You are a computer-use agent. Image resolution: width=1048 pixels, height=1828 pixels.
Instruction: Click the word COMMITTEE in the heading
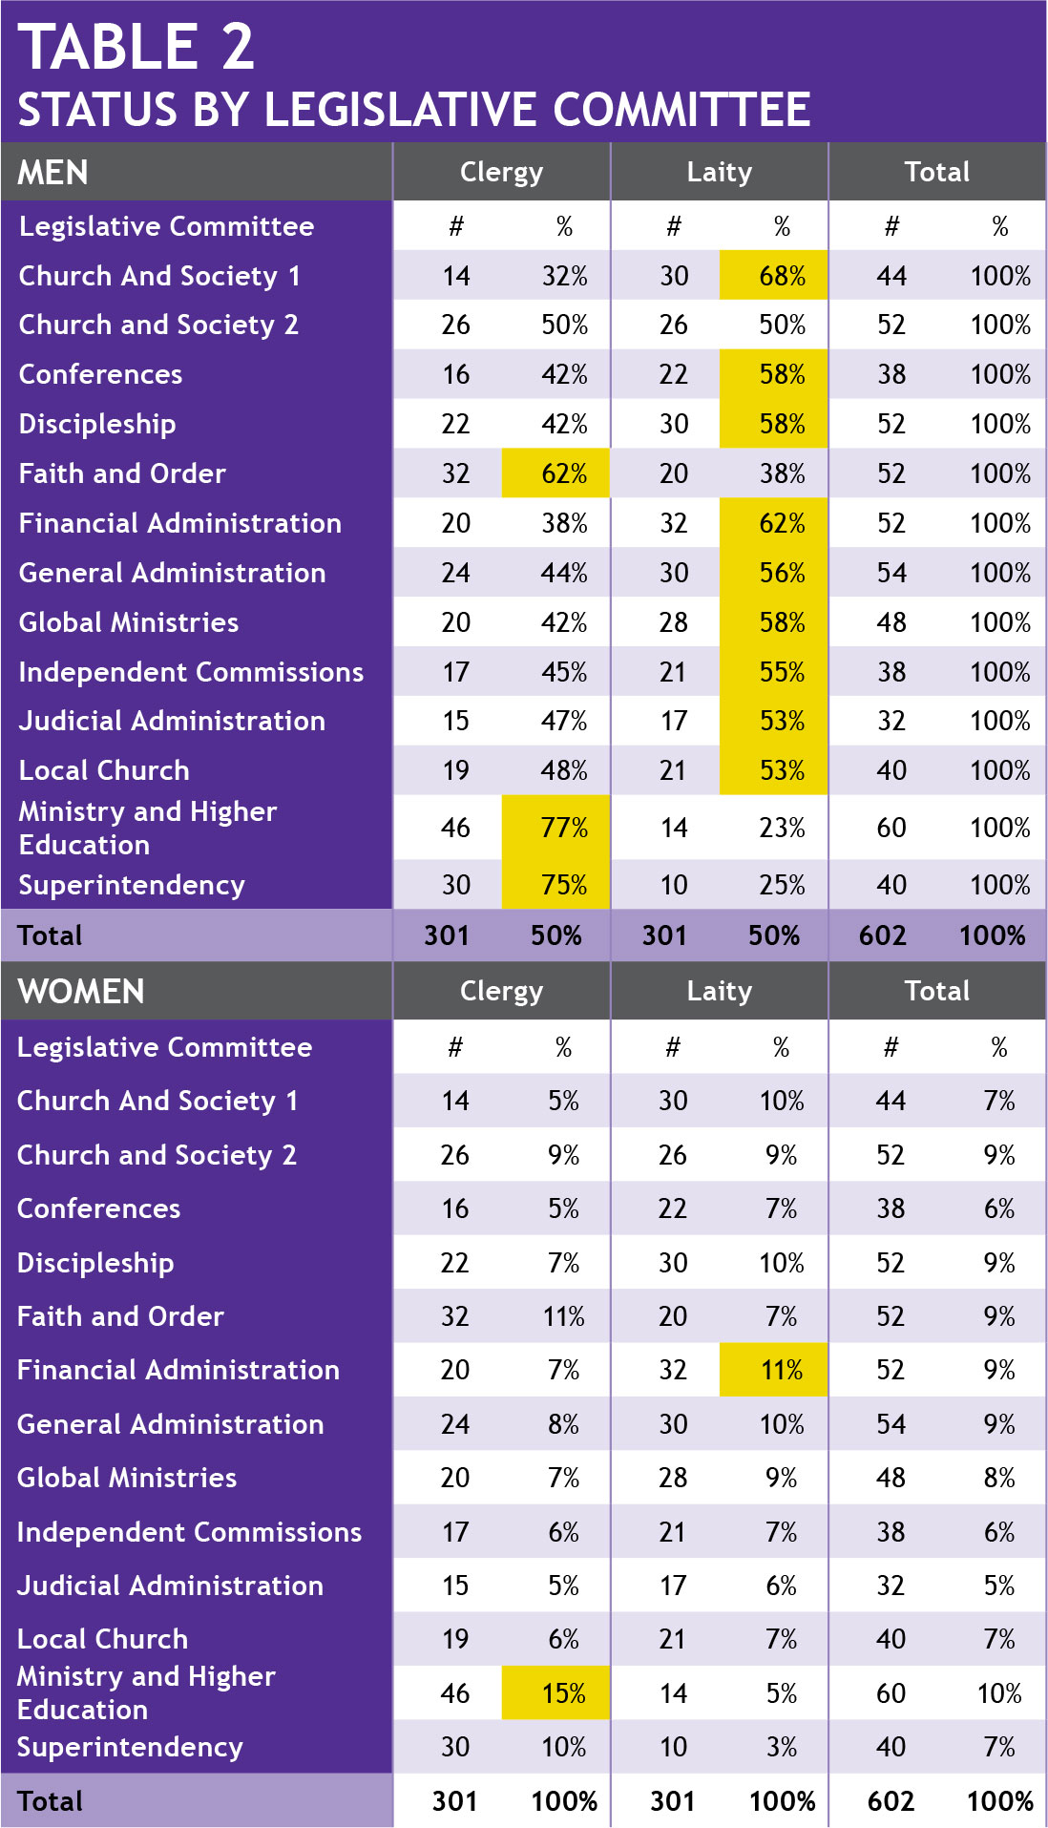681,110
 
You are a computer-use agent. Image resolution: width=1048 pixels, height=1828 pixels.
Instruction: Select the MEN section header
53,173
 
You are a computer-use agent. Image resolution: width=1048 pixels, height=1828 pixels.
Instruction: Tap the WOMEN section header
81,992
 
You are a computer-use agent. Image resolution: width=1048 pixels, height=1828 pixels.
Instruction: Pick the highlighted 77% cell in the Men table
563,828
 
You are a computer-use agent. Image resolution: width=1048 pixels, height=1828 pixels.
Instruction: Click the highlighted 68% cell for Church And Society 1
782,276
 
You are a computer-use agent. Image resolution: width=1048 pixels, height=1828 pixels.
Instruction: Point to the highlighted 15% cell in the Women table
563,1693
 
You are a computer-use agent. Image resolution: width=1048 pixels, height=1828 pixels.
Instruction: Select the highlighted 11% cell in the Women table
782,1371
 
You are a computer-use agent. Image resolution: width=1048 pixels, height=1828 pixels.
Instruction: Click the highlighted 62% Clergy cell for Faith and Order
563,473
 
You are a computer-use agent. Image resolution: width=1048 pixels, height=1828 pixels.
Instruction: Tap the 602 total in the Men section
882,935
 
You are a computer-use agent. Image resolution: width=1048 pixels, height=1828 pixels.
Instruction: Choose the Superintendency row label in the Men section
132,886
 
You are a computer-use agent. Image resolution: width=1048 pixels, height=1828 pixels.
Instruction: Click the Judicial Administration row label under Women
170,1586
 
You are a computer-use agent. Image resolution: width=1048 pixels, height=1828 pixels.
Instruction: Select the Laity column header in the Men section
719,172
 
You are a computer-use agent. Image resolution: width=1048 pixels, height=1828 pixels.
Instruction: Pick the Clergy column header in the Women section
501,991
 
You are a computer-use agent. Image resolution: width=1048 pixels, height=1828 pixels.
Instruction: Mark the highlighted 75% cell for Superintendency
563,886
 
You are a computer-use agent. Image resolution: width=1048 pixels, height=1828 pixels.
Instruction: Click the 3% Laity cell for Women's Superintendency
781,1747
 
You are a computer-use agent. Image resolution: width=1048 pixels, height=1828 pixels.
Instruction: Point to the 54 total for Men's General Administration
891,573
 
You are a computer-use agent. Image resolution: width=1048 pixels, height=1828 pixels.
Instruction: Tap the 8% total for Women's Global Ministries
998,1478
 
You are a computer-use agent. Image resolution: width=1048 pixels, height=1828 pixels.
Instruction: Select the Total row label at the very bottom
50,1801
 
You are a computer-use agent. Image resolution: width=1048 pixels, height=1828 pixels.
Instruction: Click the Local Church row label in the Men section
104,770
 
